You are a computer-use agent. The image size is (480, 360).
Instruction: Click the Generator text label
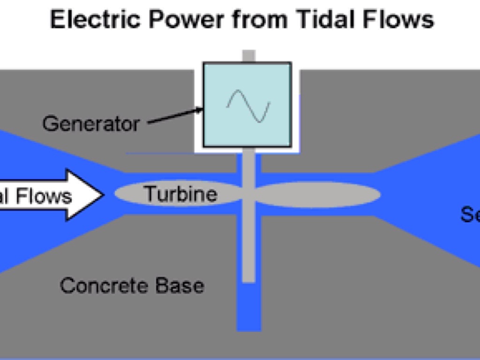[x=91, y=124]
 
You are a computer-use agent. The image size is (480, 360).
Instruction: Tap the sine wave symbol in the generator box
[x=248, y=105]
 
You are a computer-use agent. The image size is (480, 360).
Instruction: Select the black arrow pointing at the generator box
[x=175, y=117]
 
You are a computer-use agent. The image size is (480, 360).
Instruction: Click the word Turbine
[x=180, y=194]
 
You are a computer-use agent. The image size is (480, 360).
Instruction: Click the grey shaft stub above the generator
[x=248, y=56]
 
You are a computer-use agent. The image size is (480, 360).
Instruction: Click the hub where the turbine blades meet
[x=248, y=194]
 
